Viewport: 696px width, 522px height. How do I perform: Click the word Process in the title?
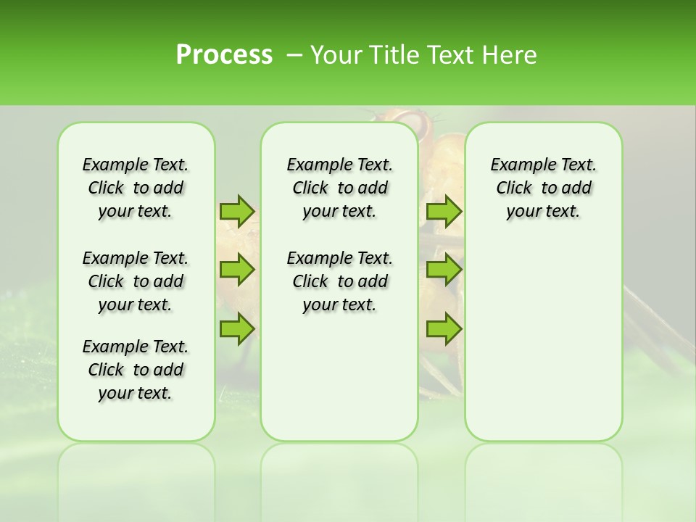click(224, 55)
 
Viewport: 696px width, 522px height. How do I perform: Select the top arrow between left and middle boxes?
click(237, 211)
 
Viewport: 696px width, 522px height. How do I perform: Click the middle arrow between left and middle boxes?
click(237, 270)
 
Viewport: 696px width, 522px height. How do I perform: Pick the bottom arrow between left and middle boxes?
click(237, 330)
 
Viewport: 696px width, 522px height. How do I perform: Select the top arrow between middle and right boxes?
click(444, 211)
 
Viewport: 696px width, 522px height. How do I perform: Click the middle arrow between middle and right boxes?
click(444, 270)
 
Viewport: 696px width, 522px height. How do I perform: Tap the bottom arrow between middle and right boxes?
click(444, 330)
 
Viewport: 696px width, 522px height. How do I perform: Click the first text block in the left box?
click(136, 188)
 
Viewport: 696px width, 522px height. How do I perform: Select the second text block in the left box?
click(136, 281)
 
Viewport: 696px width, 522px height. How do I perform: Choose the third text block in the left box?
click(136, 370)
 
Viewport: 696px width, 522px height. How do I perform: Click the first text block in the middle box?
click(339, 188)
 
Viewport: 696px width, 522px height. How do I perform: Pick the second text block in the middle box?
click(339, 281)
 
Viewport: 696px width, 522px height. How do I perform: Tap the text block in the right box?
click(543, 188)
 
